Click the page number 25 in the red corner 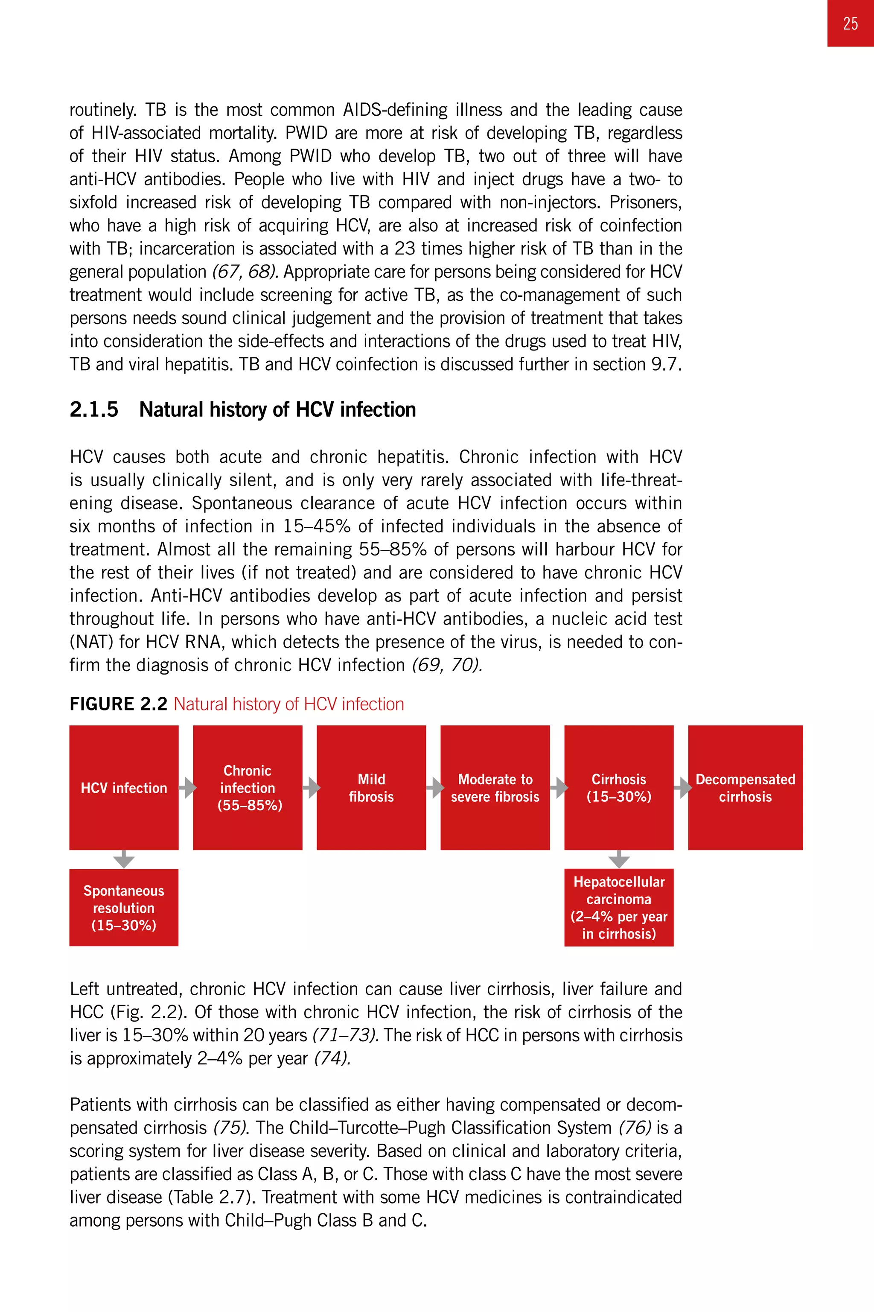point(850,23)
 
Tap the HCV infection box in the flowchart point(124,787)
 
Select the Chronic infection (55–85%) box point(248,787)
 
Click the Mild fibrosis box point(371,787)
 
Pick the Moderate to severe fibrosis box point(495,787)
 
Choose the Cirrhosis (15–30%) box point(619,787)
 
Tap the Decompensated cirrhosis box point(745,787)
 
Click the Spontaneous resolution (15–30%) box point(124,907)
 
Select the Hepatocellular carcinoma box point(619,907)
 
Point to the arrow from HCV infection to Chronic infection point(188,788)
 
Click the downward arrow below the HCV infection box point(124,859)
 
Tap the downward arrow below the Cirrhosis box point(619,859)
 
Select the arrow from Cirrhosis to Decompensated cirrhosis point(682,788)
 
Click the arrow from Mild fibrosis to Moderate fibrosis point(435,788)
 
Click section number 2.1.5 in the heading point(93,410)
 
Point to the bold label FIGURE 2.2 point(118,704)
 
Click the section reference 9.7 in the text point(666,364)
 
